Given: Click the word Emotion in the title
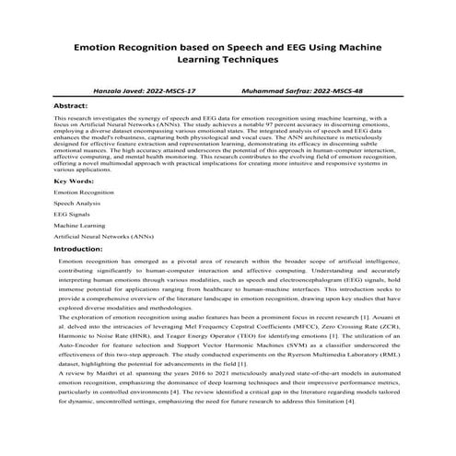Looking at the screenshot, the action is coord(97,44).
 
